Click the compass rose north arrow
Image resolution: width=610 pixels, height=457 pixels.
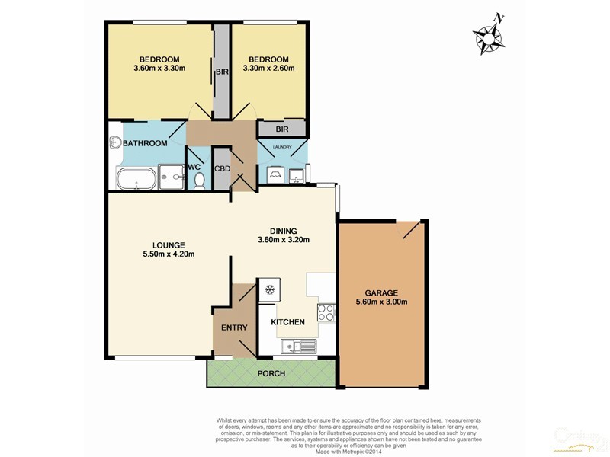point(488,34)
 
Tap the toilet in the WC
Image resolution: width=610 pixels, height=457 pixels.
point(200,181)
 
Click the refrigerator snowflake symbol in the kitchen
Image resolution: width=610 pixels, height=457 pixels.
point(268,289)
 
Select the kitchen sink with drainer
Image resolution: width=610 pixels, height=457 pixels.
point(297,347)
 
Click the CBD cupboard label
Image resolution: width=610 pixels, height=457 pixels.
point(223,168)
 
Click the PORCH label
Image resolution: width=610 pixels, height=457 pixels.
point(271,373)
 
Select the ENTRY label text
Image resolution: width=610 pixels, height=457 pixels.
point(235,327)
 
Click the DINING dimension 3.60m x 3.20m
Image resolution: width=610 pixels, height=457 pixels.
point(283,241)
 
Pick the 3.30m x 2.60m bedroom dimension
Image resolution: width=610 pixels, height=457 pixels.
point(268,69)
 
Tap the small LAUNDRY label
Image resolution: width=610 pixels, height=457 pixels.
point(282,148)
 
